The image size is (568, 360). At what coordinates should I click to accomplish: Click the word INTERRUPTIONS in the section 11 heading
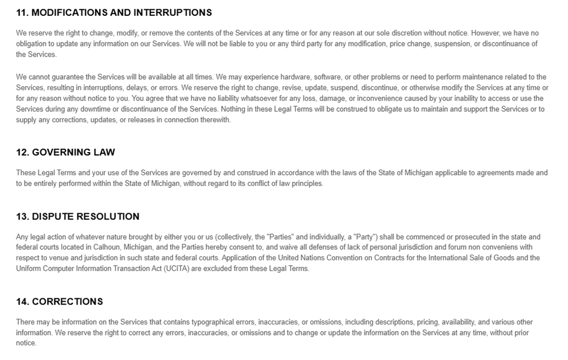(172, 12)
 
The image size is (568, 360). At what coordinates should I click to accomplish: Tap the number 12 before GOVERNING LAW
(22, 153)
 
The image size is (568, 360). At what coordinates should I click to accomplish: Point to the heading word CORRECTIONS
(68, 302)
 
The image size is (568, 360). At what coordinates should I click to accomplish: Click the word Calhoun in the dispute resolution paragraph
(107, 247)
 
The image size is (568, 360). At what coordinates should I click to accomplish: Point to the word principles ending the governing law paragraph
(304, 183)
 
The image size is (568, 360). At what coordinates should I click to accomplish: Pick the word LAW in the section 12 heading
(105, 153)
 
